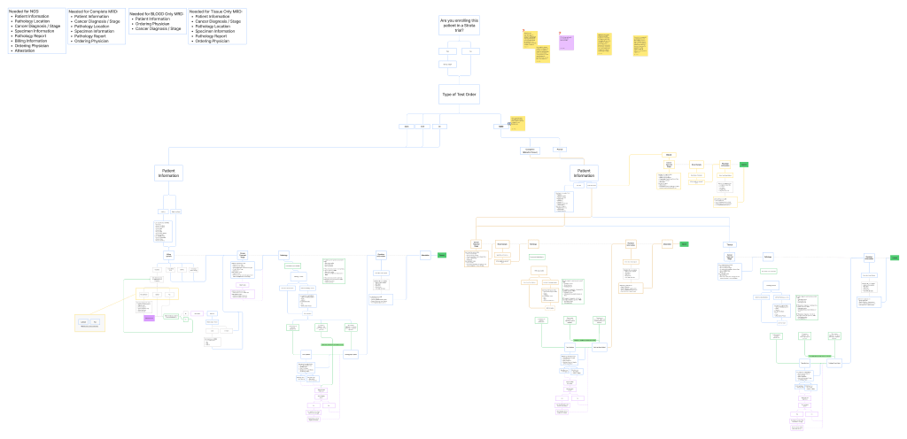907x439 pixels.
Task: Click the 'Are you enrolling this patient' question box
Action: (459, 25)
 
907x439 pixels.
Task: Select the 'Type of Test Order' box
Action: (459, 94)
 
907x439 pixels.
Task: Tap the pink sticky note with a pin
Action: (566, 42)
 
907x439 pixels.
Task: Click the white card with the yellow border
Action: (89, 323)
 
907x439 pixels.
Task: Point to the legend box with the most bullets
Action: (36, 31)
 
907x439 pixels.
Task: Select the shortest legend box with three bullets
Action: (157, 21)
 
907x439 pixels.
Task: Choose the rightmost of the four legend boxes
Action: (217, 27)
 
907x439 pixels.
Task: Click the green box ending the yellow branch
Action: (744, 164)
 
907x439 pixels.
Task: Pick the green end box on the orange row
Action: (684, 243)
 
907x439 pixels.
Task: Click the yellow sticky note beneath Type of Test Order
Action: (516, 124)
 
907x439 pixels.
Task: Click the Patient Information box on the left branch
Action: (168, 173)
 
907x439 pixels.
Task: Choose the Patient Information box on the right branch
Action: (584, 173)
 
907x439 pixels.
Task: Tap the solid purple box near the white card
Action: (149, 318)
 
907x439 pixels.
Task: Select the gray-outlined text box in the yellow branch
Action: (668, 181)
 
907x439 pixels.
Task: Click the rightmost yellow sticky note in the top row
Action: (640, 45)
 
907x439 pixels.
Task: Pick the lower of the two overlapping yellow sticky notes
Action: (542, 55)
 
